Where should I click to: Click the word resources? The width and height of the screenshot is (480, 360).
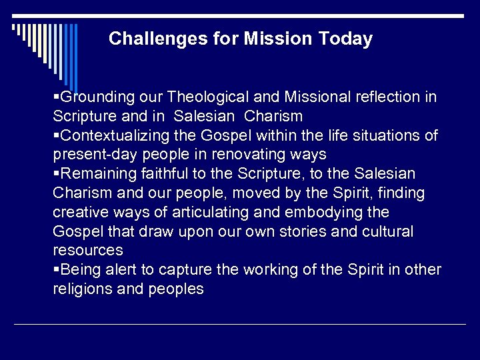click(x=88, y=251)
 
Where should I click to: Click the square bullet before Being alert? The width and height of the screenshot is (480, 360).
click(x=56, y=270)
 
